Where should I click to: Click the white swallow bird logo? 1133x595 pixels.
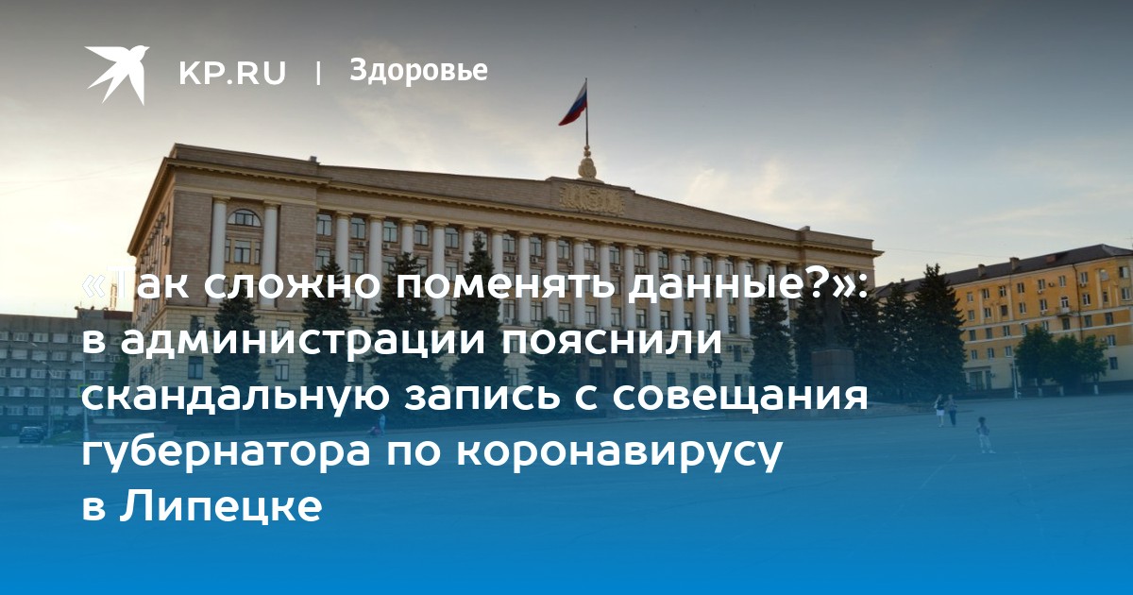click(x=117, y=74)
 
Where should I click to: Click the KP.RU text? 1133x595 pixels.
click(x=232, y=73)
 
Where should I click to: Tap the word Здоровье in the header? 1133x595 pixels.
click(x=418, y=70)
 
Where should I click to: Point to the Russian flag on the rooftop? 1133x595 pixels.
click(x=573, y=104)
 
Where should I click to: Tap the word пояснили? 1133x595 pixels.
click(x=612, y=342)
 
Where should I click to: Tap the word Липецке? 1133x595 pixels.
click(x=221, y=506)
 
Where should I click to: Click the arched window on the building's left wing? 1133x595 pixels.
click(x=244, y=218)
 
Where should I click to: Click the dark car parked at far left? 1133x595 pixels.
click(x=31, y=433)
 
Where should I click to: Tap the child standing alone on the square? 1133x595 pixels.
click(x=983, y=434)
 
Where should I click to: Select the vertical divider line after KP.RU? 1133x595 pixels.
click(x=318, y=73)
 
